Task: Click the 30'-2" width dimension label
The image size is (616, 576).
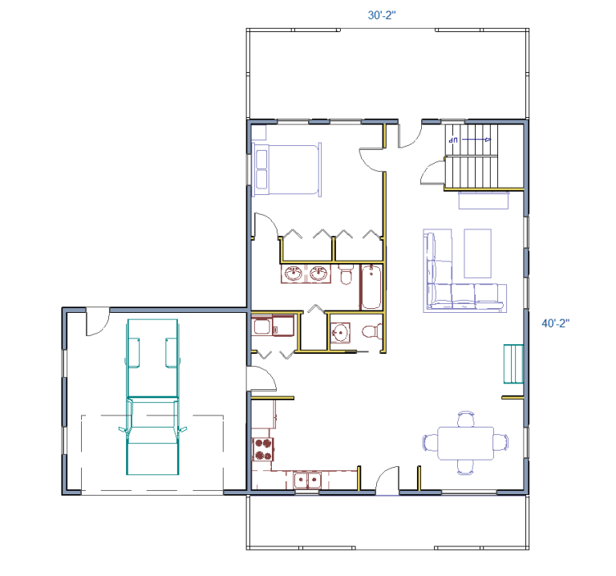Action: pyautogui.click(x=382, y=15)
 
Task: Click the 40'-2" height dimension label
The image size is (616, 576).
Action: pyautogui.click(x=556, y=323)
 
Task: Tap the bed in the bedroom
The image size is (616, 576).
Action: pyautogui.click(x=286, y=170)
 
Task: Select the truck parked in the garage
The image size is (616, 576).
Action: pyautogui.click(x=153, y=397)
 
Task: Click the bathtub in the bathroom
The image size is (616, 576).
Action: pyautogui.click(x=371, y=287)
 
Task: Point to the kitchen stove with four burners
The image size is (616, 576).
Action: pyautogui.click(x=263, y=449)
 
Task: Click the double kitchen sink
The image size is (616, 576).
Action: pyautogui.click(x=308, y=480)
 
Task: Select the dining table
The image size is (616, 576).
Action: pyautogui.click(x=465, y=443)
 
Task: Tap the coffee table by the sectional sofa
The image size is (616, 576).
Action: pyautogui.click(x=477, y=254)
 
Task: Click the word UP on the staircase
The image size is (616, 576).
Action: pyautogui.click(x=453, y=140)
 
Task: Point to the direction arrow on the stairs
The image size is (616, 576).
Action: pyautogui.click(x=476, y=140)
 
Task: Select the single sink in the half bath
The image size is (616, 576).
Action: pyautogui.click(x=340, y=333)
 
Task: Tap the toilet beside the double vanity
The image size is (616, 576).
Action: pyautogui.click(x=346, y=274)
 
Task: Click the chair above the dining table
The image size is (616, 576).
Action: pyautogui.click(x=466, y=419)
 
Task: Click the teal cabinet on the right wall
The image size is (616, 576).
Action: pyautogui.click(x=513, y=364)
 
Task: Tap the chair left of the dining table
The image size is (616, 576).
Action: pyautogui.click(x=430, y=443)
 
